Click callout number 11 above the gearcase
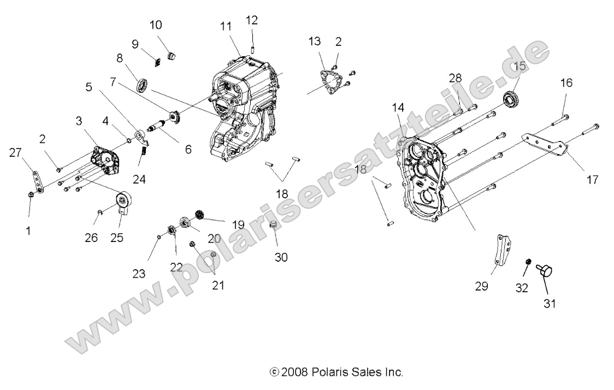click(226, 26)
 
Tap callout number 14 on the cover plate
click(397, 109)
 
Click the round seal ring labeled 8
click(144, 85)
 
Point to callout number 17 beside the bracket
click(593, 179)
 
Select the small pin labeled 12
click(253, 50)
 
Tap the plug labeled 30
click(274, 226)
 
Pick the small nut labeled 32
click(528, 263)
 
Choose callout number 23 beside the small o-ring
click(139, 273)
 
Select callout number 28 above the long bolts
click(455, 78)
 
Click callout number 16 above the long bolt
click(566, 83)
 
